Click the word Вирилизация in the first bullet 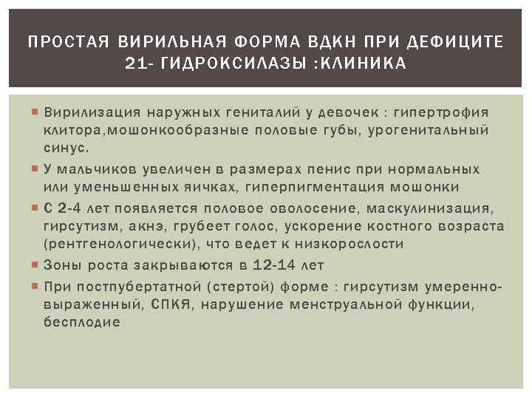92,113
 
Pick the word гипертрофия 443,113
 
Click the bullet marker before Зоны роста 35,265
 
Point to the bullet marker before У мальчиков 35,168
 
